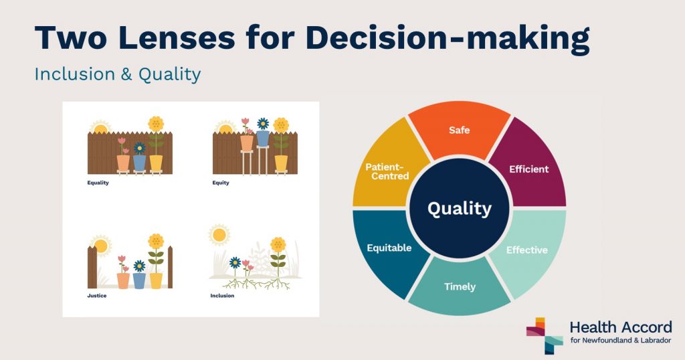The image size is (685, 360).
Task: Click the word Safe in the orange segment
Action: (x=459, y=130)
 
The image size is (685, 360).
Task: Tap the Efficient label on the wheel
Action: (x=528, y=169)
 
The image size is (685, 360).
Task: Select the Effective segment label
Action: (x=527, y=250)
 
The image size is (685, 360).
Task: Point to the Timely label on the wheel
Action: (x=460, y=286)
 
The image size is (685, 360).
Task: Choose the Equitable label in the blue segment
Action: (x=389, y=248)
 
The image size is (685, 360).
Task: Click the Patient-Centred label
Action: (x=387, y=171)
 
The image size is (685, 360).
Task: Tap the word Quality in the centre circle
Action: (x=460, y=209)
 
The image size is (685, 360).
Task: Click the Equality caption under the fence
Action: (x=98, y=183)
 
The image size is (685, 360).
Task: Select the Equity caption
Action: (x=221, y=183)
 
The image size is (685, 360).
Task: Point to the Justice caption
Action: (x=96, y=296)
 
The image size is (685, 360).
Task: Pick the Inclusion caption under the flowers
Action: (x=222, y=296)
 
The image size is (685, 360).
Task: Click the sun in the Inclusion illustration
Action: (x=219, y=235)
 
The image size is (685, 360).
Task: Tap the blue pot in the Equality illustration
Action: (x=139, y=163)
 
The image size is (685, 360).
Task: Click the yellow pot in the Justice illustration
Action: (x=156, y=280)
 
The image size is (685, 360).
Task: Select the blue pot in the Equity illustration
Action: (x=262, y=139)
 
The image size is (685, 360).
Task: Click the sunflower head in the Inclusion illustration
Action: (x=278, y=245)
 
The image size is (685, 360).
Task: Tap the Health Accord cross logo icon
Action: (x=545, y=335)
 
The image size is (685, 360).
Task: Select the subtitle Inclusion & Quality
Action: (x=118, y=74)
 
